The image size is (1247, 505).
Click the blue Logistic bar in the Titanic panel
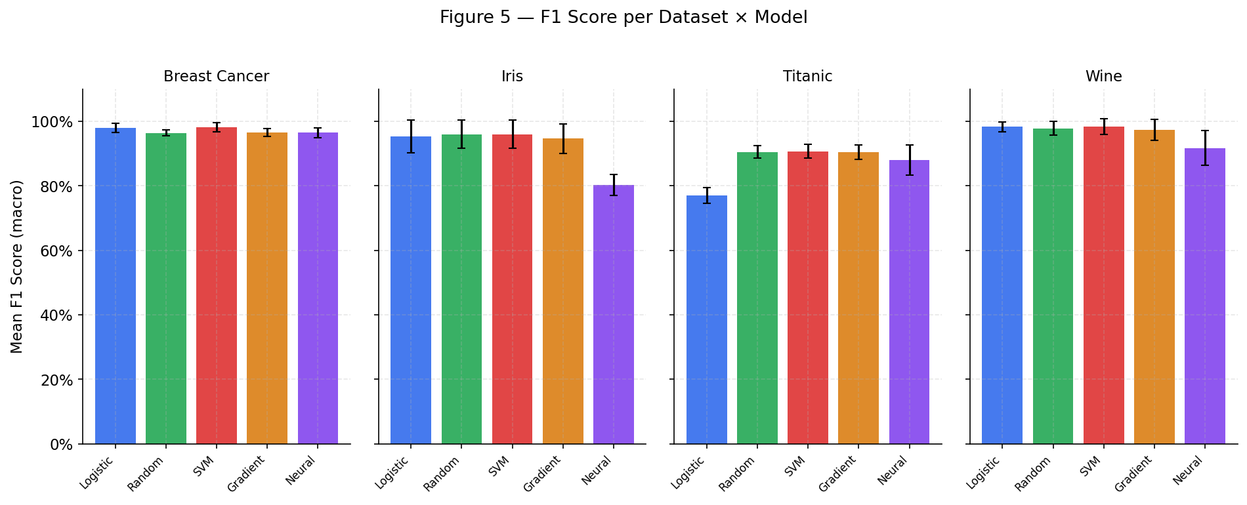tap(706, 321)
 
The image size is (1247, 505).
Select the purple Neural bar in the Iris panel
tap(613, 315)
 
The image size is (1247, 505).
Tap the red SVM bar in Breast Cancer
tap(216, 289)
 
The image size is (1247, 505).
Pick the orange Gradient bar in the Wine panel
tap(1154, 289)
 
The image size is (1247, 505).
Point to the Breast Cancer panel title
tap(216, 77)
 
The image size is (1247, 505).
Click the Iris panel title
tap(512, 77)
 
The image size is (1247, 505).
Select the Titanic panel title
tap(807, 77)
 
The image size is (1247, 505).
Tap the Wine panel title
tap(1103, 77)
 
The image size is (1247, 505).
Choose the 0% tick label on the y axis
tap(62, 445)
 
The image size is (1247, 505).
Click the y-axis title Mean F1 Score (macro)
tap(17, 266)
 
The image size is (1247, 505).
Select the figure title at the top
tap(623, 18)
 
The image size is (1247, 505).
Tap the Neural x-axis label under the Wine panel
tap(1189, 470)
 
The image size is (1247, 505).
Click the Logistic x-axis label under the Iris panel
tap(392, 472)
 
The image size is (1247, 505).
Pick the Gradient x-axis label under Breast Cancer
tap(246, 474)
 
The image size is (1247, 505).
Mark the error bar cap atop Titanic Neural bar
tap(909, 146)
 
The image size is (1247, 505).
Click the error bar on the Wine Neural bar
tap(1205, 148)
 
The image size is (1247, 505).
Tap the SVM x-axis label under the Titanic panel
tap(795, 466)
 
